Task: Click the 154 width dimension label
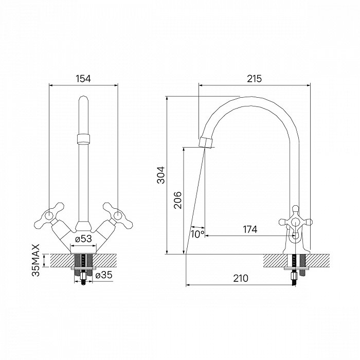tap(83, 79)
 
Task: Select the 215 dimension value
tap(255, 79)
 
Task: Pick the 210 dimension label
tap(240, 278)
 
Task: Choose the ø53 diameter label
tap(83, 239)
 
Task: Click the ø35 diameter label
tap(104, 274)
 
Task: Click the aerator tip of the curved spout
tap(206, 141)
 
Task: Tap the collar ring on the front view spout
tap(83, 138)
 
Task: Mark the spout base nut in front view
tap(83, 225)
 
